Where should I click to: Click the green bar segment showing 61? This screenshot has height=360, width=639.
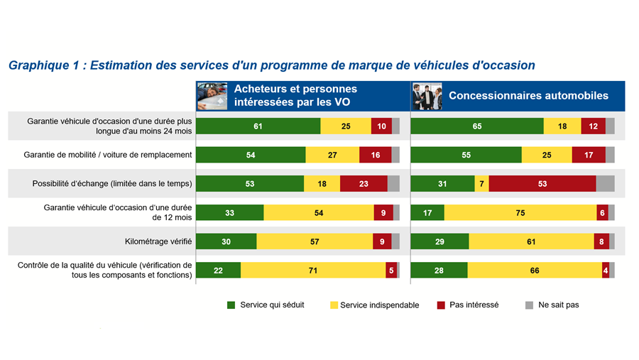(x=258, y=126)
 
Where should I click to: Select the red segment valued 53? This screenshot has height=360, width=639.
(x=542, y=184)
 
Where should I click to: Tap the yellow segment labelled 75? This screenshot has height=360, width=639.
(x=520, y=212)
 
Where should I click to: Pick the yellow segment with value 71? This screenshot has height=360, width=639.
(x=313, y=270)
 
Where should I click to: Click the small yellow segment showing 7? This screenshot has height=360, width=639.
(x=481, y=184)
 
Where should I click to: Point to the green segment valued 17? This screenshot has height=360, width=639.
(x=427, y=212)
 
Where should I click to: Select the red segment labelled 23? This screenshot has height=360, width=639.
(x=364, y=184)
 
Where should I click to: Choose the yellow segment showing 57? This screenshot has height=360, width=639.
(x=315, y=241)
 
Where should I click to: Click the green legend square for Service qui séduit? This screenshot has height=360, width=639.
(x=231, y=305)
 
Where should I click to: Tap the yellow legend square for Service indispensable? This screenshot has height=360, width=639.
(x=334, y=305)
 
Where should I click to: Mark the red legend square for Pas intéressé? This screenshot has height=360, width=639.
(x=441, y=305)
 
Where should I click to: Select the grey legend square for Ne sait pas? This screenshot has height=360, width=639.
(x=529, y=305)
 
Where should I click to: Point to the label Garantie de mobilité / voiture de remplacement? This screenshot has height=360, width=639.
(x=108, y=155)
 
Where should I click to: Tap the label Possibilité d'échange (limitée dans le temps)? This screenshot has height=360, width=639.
(x=112, y=184)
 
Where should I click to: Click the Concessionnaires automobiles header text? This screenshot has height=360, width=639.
(x=528, y=95)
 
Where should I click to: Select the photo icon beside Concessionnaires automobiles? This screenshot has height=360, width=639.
(x=427, y=96)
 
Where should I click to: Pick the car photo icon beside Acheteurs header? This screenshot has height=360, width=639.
(x=212, y=96)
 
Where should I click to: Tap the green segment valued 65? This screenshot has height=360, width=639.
(x=477, y=126)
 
